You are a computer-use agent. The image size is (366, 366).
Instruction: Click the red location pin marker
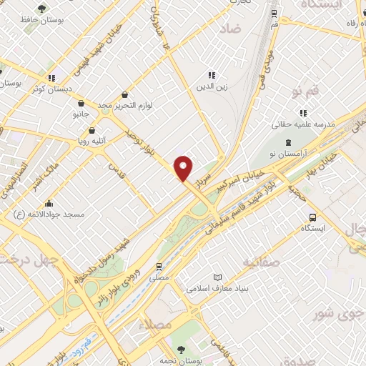pos(184,169)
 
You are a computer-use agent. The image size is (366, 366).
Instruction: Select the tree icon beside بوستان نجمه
pos(179,350)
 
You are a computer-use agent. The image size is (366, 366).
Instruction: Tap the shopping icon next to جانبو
pos(80,103)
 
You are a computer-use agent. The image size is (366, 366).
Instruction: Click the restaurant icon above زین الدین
pos(212,74)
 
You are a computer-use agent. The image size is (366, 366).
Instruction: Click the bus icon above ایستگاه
pos(312,217)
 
